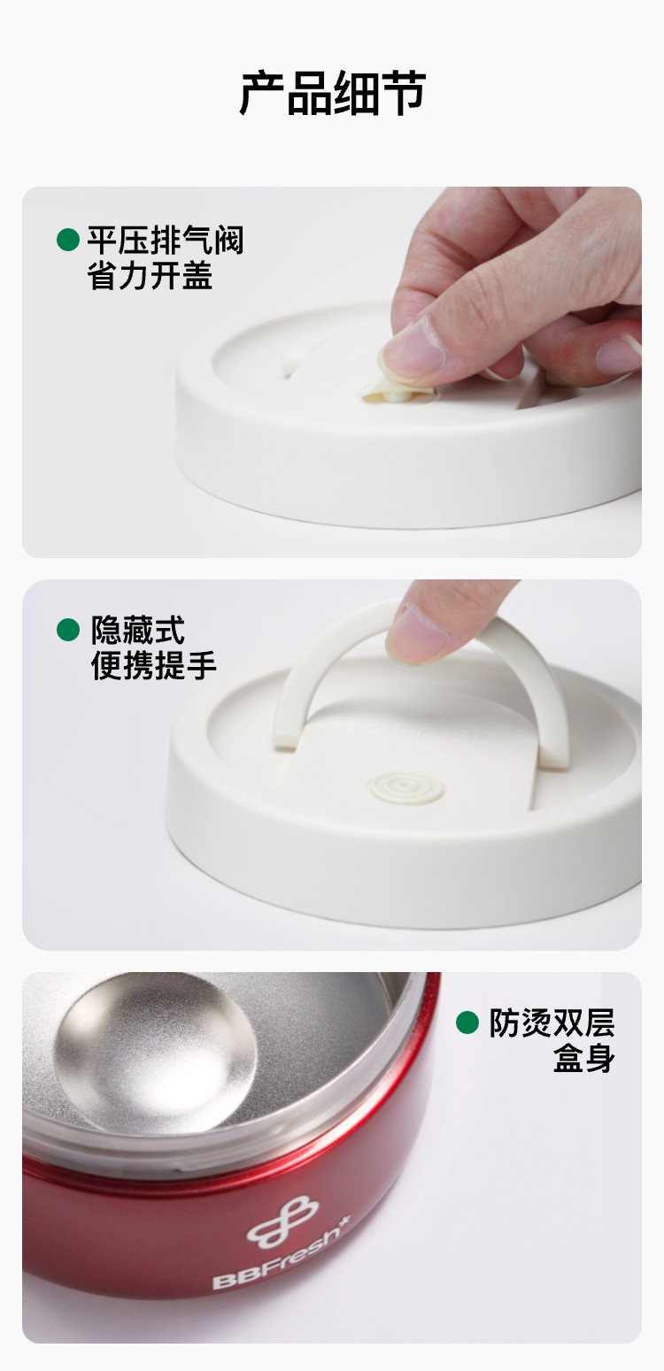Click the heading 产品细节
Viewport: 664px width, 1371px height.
(x=332, y=94)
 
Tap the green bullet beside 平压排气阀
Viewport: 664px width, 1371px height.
(x=68, y=240)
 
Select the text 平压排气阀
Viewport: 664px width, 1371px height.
(x=166, y=240)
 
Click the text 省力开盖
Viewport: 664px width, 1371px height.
(x=150, y=275)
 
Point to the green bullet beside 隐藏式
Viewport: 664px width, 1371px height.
(x=68, y=629)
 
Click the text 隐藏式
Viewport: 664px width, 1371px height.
(x=138, y=630)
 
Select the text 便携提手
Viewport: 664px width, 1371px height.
(x=154, y=665)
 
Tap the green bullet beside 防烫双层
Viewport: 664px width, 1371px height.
(x=467, y=1023)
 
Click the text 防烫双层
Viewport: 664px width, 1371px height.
(x=552, y=1023)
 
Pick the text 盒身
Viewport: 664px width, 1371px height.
(x=583, y=1058)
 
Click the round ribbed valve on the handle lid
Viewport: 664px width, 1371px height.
(x=406, y=788)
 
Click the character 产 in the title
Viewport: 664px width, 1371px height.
(x=262, y=94)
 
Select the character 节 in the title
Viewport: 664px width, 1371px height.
(x=403, y=94)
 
